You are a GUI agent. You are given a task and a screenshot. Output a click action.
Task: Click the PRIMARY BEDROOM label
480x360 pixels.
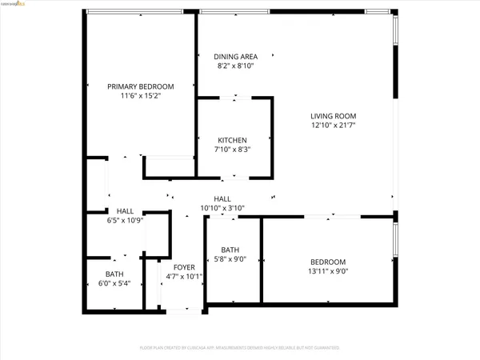(141, 86)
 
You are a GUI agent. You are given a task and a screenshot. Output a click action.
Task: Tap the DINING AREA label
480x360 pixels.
(235, 57)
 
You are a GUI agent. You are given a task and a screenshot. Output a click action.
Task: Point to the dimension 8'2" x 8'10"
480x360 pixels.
(235, 66)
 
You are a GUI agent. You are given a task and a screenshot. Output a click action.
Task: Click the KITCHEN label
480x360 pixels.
(234, 140)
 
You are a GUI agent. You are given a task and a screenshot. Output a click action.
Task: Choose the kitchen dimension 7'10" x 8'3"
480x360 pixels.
(234, 150)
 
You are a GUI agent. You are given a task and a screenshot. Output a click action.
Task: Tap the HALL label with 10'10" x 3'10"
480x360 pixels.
(222, 198)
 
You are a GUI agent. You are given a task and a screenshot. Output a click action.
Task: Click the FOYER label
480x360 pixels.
(184, 267)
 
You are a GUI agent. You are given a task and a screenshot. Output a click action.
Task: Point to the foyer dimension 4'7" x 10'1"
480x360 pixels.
(184, 277)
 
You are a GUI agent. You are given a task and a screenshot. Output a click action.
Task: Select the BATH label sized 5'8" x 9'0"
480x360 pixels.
(230, 249)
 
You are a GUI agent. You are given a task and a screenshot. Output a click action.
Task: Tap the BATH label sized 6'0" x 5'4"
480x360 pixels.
(114, 274)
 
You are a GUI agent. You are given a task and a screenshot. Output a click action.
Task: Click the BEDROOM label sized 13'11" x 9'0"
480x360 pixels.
(328, 262)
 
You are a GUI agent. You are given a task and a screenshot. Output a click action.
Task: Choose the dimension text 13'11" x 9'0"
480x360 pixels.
(328, 272)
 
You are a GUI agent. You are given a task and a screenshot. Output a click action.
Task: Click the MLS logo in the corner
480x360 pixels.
(17, 5)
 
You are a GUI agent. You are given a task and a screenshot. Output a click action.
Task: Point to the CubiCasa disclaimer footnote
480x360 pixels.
(239, 348)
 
